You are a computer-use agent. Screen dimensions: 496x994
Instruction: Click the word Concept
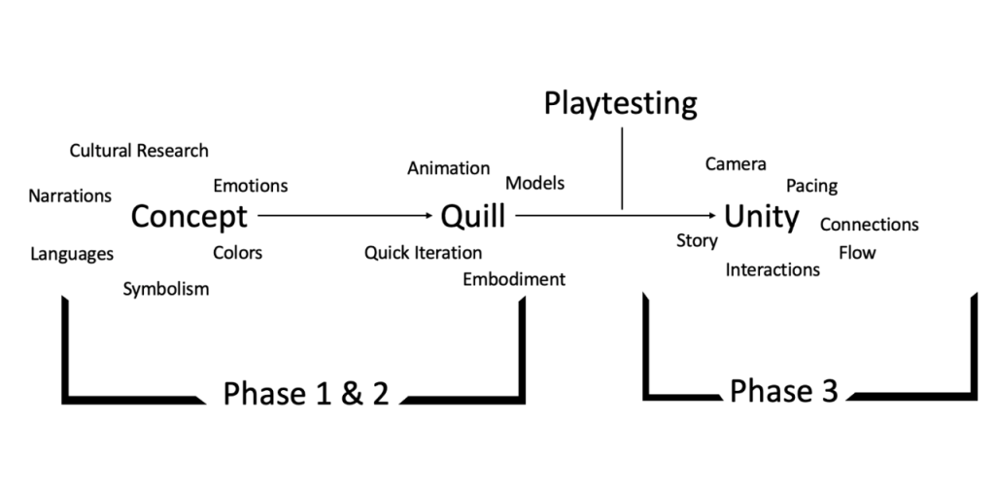click(x=189, y=216)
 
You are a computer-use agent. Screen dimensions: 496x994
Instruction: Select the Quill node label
click(x=473, y=216)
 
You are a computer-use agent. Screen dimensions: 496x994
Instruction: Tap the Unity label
click(x=761, y=216)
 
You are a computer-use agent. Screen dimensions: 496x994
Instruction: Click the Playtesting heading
click(x=621, y=103)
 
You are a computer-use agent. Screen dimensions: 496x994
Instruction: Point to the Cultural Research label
click(x=139, y=151)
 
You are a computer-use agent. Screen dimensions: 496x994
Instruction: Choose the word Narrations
click(x=70, y=195)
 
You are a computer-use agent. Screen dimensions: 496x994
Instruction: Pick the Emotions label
click(x=251, y=186)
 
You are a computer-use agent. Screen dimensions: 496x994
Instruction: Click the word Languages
click(x=72, y=255)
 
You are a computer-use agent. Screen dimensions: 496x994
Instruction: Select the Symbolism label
click(x=165, y=289)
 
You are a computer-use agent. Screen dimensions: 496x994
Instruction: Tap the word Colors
click(x=237, y=253)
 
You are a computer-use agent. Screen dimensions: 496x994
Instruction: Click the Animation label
click(x=448, y=168)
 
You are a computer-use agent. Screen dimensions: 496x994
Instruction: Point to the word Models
click(x=534, y=183)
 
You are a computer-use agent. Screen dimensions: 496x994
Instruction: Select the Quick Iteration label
click(x=423, y=253)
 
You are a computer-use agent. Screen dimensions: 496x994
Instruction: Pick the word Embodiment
click(x=513, y=279)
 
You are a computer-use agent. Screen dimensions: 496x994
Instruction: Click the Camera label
click(x=736, y=164)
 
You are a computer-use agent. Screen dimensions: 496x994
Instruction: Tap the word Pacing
click(x=811, y=186)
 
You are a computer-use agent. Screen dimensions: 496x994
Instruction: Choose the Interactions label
click(x=772, y=270)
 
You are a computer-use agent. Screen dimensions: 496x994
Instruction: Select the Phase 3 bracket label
click(x=783, y=391)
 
